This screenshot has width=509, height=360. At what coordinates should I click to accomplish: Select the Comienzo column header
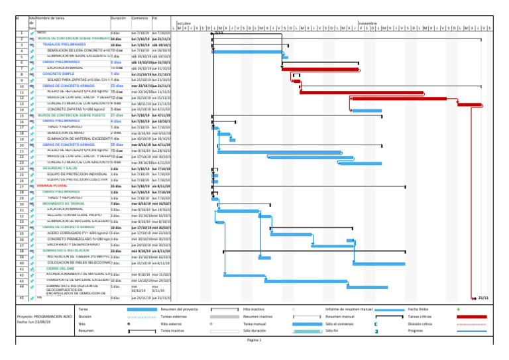[x=139, y=19]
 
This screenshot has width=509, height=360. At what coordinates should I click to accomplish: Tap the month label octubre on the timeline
[x=184, y=23]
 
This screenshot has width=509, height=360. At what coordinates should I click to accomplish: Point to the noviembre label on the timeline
[x=368, y=23]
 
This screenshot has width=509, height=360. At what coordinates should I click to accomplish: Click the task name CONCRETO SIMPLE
[x=60, y=74]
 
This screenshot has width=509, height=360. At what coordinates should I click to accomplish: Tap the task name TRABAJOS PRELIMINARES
[x=64, y=44]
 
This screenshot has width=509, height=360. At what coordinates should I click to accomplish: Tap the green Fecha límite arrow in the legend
[x=459, y=309]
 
